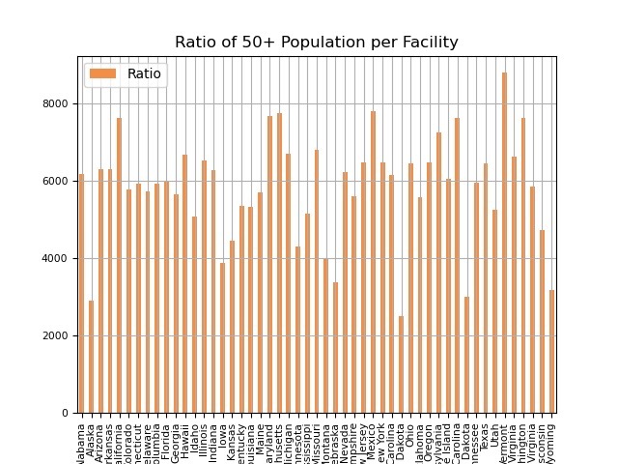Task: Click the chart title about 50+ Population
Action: click(x=317, y=43)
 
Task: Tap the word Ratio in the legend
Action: click(x=144, y=73)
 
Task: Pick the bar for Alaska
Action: click(x=92, y=357)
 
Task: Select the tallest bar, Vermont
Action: click(x=504, y=243)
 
